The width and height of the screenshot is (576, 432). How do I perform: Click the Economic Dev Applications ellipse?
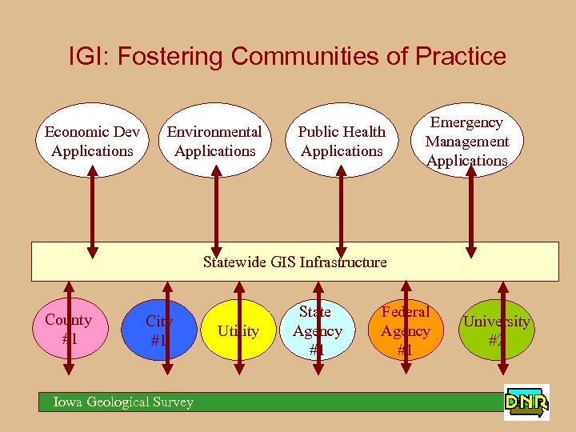click(92, 141)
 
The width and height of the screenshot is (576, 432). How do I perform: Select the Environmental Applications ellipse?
click(214, 141)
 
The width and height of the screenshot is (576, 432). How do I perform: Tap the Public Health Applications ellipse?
click(342, 141)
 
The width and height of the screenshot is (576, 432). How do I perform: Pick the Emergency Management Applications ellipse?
click(467, 141)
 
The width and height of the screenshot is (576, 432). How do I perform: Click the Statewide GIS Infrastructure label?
click(294, 262)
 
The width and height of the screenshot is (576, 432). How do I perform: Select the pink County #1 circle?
click(69, 329)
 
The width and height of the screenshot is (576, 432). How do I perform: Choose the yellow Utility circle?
click(238, 330)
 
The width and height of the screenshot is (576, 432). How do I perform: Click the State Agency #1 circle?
click(316, 330)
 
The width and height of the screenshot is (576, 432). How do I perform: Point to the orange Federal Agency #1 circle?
click(406, 330)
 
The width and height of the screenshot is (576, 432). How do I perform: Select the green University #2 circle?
click(496, 330)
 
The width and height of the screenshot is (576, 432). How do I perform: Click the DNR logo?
click(526, 402)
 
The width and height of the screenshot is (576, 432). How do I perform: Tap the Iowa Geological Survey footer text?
click(123, 402)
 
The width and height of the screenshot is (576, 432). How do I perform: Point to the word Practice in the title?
click(463, 57)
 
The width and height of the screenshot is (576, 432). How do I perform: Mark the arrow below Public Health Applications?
click(342, 208)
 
